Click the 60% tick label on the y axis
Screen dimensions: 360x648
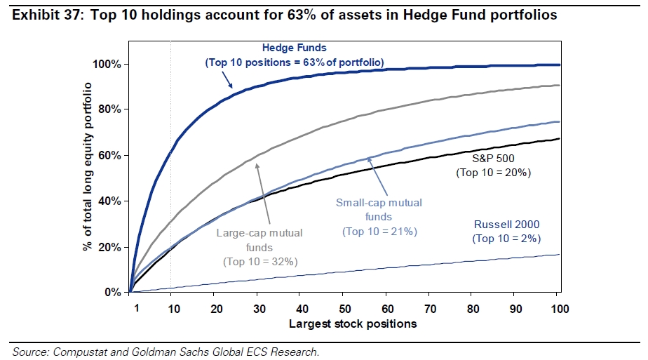click(x=110, y=155)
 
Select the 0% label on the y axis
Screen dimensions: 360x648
click(x=113, y=292)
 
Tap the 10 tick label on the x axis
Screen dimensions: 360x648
click(x=172, y=307)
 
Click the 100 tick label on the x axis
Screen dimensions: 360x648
click(x=558, y=307)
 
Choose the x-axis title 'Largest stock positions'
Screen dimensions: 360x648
click(x=353, y=324)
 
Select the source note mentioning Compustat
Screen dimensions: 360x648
click(x=166, y=351)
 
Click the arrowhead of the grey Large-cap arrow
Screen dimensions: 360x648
click(x=257, y=164)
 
